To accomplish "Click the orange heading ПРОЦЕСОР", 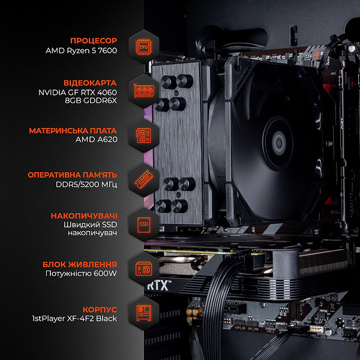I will coord(93,40).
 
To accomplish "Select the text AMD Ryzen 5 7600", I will coord(81,51).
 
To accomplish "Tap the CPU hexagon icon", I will coord(144,46).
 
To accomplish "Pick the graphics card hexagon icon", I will coord(144,91).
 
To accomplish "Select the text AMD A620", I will coord(96,140).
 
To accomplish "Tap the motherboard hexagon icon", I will coord(144,135).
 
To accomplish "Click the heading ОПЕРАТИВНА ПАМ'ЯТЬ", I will coord(73,175).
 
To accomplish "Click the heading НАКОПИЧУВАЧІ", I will coord(84,215).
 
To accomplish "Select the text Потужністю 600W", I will coord(81,274).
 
